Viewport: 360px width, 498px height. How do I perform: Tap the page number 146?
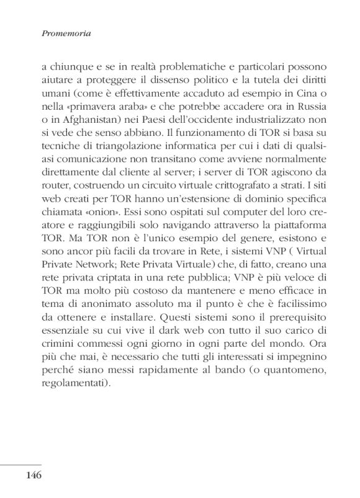(x=34, y=476)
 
